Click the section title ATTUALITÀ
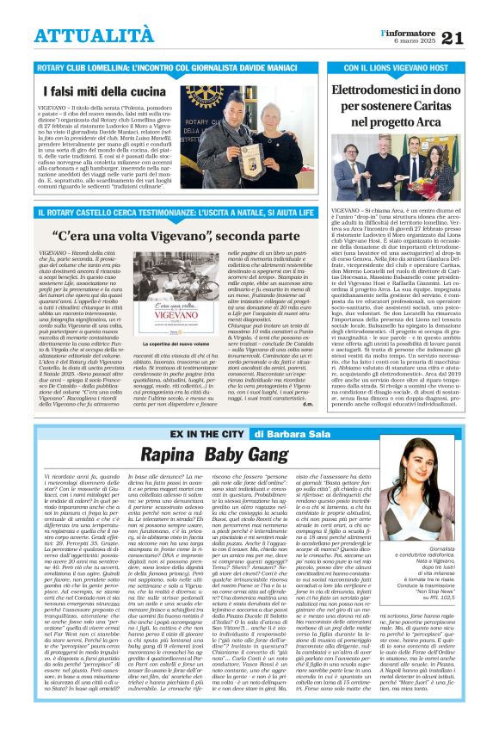94,34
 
